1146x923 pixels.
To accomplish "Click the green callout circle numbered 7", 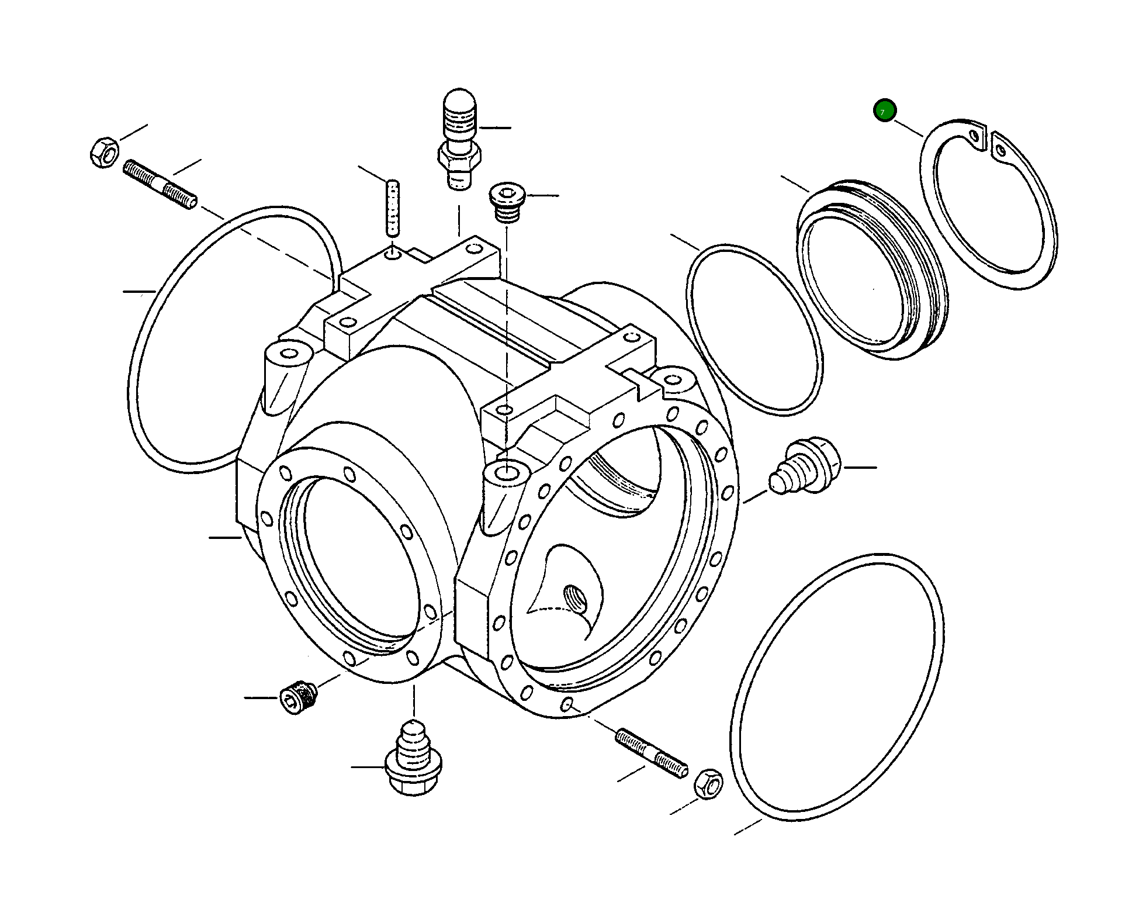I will tap(884, 110).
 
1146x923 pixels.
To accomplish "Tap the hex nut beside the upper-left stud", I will tap(104, 151).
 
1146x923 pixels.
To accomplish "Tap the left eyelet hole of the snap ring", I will tap(974, 136).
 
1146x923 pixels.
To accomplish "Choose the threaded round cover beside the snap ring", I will tap(871, 269).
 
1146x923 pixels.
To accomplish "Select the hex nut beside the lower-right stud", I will tap(708, 783).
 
